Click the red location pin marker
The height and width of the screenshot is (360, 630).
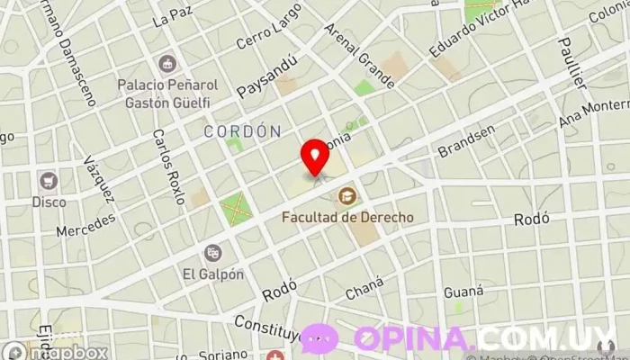click(315, 157)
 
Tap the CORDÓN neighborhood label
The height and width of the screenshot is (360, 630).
click(242, 131)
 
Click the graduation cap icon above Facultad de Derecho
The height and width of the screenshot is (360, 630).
click(346, 195)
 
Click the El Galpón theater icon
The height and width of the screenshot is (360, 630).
click(213, 253)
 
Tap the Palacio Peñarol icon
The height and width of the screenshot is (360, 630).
click(166, 64)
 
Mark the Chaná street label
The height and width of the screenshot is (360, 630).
click(364, 287)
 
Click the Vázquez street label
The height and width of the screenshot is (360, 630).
click(98, 178)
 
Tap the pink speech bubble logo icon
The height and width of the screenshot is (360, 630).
click(319, 339)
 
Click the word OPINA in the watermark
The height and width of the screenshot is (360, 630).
click(413, 339)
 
